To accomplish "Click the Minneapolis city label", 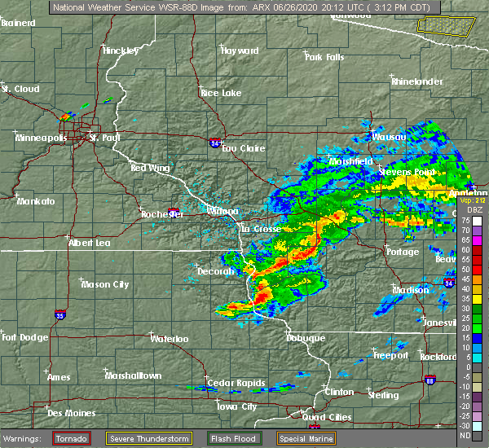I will pos(42,138).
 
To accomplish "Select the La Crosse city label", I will pos(260,229).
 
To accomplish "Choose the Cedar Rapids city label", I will pos(231,383).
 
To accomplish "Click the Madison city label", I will pos(411,290).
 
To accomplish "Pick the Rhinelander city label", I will pos(418,82).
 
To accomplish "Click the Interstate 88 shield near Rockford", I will pos(430,380).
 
